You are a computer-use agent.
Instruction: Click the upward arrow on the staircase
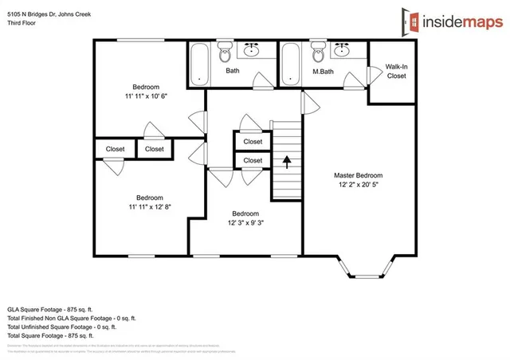point(287,161)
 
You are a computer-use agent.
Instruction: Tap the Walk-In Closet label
point(396,72)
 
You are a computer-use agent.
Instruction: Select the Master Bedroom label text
point(358,175)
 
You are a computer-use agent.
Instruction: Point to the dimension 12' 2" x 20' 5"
point(358,185)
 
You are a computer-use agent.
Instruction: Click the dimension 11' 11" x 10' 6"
point(146,96)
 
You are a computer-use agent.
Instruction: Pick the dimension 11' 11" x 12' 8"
point(149,206)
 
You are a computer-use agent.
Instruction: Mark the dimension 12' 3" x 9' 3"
point(245,222)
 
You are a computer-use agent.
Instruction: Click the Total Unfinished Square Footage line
point(61,327)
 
